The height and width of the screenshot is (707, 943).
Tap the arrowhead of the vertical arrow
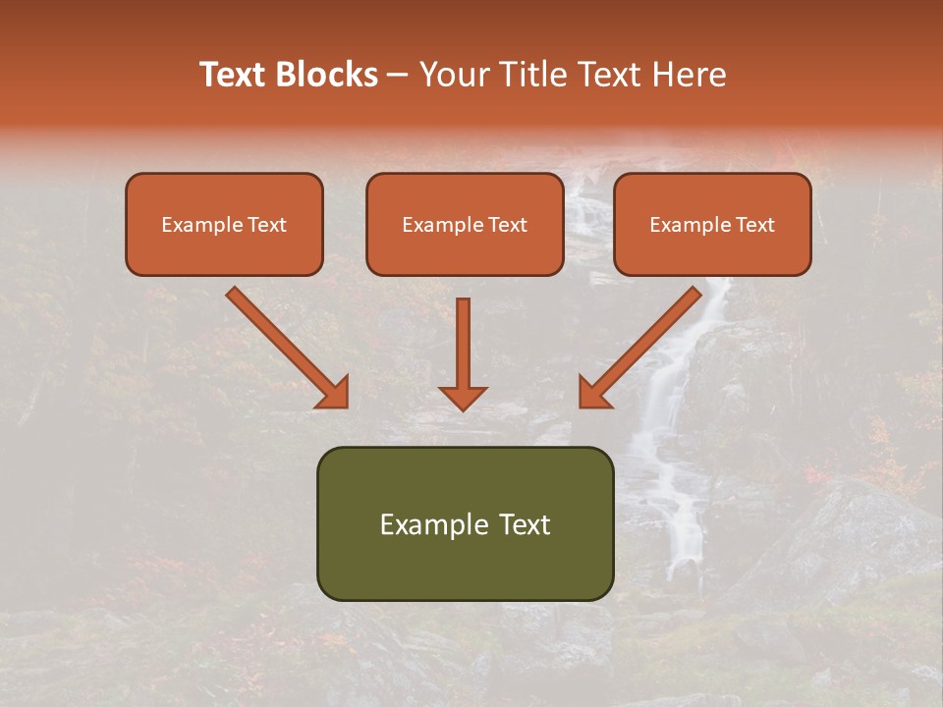(463, 397)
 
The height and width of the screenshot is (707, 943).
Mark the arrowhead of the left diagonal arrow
(335, 393)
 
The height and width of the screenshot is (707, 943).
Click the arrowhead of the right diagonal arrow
(592, 393)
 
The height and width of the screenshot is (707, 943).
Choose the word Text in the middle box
(506, 225)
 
